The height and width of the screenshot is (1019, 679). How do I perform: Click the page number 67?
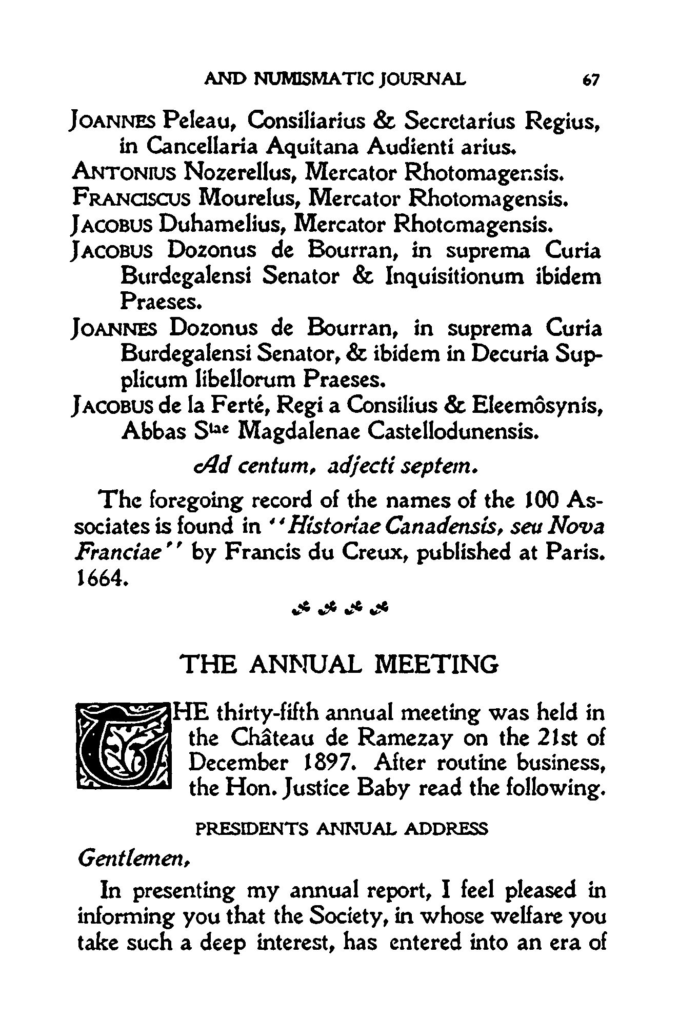tap(591, 81)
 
